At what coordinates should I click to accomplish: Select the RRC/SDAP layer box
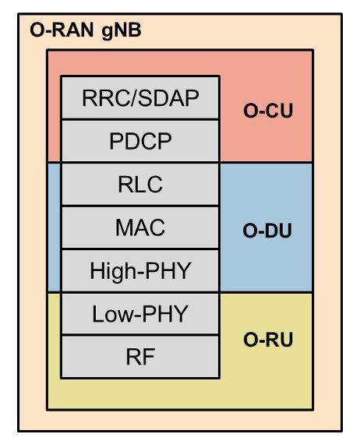(140, 98)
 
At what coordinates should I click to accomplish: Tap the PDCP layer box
(140, 142)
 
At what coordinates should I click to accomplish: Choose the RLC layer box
(140, 185)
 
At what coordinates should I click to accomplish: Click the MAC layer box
(140, 228)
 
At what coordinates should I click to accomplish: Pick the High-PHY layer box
(140, 272)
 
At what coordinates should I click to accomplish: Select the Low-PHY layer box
(140, 315)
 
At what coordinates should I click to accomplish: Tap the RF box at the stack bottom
(140, 358)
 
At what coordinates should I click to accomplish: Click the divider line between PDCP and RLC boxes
(140, 163)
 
